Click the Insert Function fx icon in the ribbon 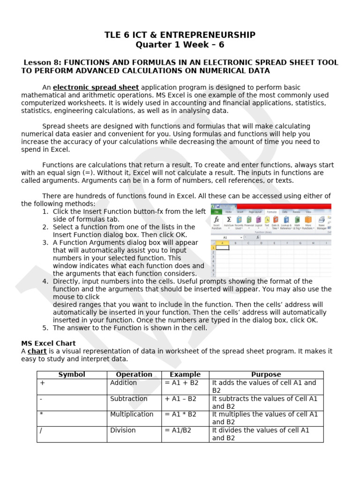[x=216, y=219]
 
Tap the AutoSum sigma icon [x=229, y=219]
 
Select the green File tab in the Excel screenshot [x=217, y=212]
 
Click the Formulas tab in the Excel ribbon [x=271, y=212]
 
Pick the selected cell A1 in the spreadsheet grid [x=222, y=247]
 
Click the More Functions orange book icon [x=308, y=219]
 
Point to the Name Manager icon [x=322, y=219]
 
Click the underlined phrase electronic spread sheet [x=96, y=88]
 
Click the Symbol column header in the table [x=72, y=375]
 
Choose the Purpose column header [x=266, y=375]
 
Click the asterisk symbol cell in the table [x=42, y=414]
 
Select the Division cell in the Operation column [x=123, y=430]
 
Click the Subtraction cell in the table [x=128, y=398]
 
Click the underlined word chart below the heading [x=37, y=351]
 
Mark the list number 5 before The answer [x=45, y=328]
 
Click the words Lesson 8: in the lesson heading [x=43, y=63]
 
